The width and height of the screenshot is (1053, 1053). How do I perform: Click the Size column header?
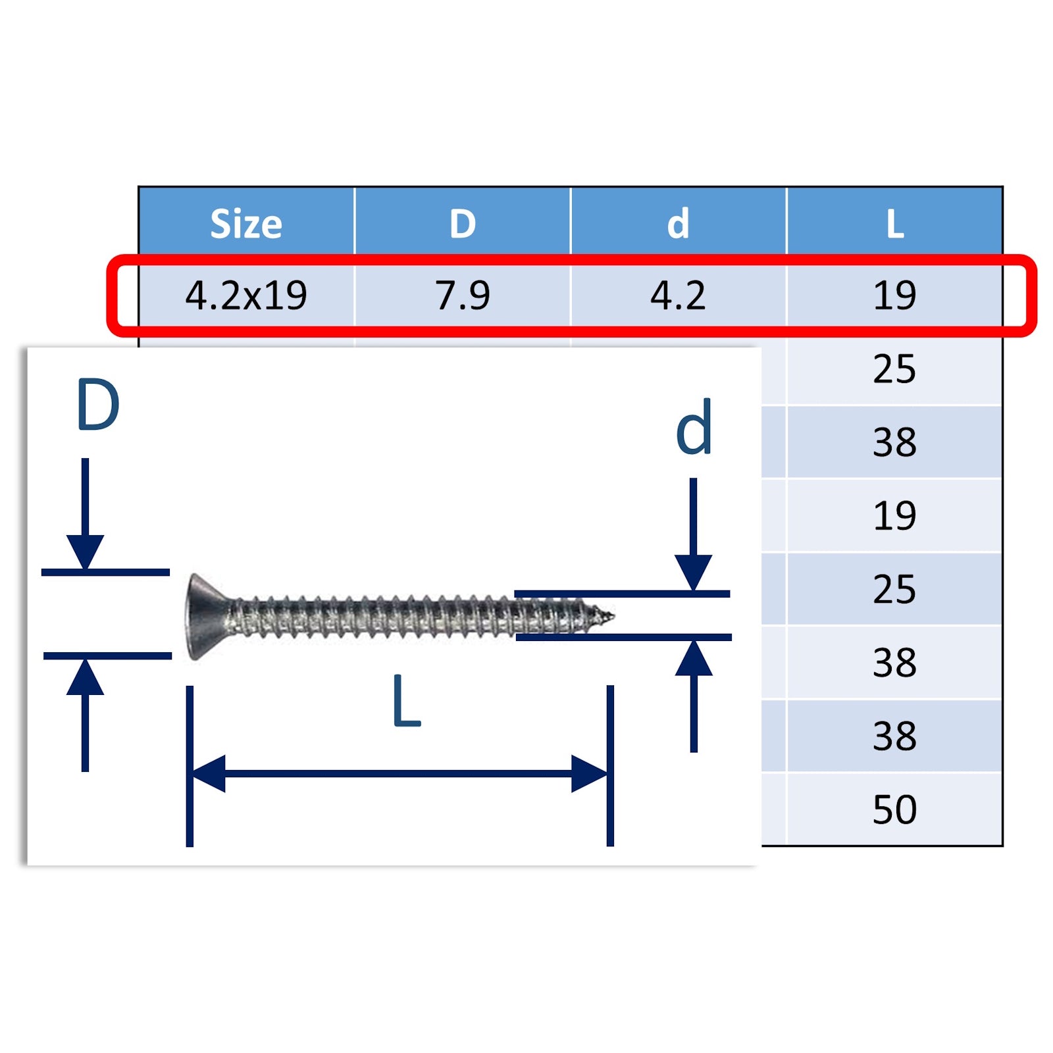click(246, 224)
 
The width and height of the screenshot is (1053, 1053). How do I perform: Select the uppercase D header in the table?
click(463, 224)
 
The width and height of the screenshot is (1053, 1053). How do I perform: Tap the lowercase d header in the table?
click(678, 224)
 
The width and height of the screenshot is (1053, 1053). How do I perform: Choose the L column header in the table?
click(894, 224)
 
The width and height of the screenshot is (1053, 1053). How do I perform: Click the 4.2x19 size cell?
click(246, 295)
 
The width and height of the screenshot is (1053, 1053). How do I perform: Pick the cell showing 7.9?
click(463, 295)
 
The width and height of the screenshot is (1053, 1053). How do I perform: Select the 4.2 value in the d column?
click(678, 295)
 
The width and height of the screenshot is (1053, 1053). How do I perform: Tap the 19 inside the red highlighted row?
click(894, 295)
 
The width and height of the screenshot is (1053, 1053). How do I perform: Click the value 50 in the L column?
click(894, 809)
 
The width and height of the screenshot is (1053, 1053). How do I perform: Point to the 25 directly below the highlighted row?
click(894, 369)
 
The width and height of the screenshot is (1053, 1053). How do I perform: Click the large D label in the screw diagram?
click(98, 405)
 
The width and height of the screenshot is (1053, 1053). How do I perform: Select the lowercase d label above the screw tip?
click(694, 428)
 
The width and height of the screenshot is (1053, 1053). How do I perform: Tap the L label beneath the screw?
click(405, 702)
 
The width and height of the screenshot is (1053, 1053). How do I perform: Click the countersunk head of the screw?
click(204, 616)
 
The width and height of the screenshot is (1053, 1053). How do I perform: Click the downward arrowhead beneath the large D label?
click(85, 552)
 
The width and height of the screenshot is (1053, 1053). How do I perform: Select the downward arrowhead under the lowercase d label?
click(694, 572)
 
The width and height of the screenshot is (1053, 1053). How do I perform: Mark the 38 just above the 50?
click(894, 735)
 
